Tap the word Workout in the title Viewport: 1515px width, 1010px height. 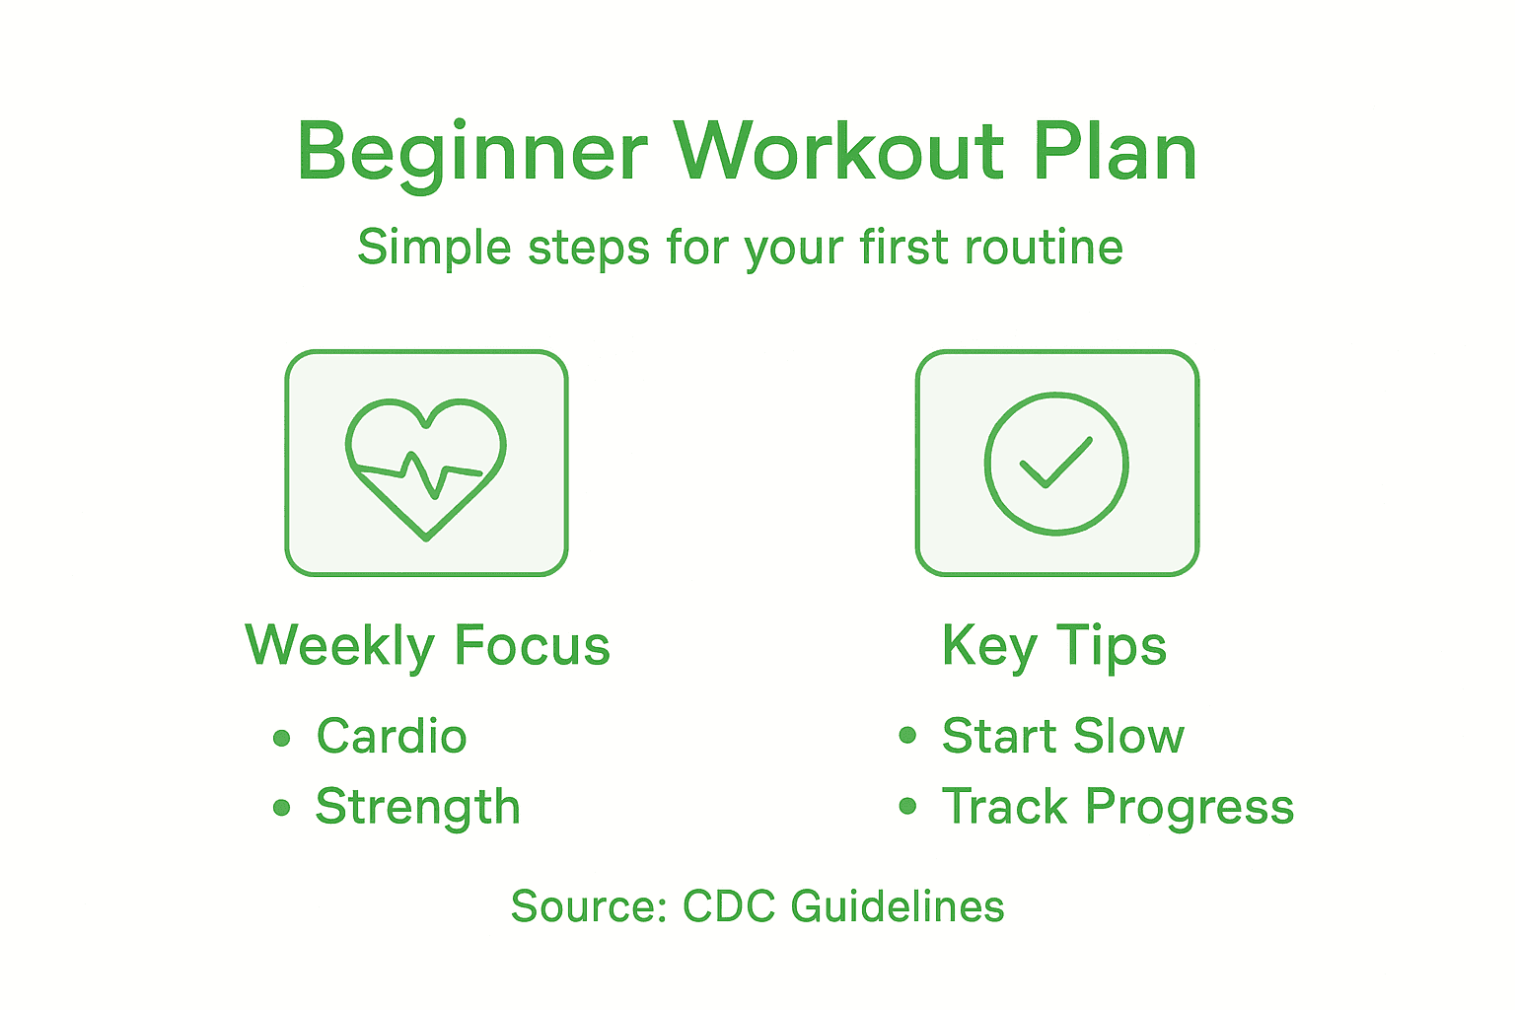[838, 153]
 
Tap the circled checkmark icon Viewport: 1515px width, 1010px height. [1056, 464]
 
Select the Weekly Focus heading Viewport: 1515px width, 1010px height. [427, 646]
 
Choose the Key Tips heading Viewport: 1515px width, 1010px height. [1054, 646]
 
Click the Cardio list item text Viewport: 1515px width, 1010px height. [392, 737]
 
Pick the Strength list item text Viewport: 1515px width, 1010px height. [417, 807]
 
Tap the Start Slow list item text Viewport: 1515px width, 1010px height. [1062, 736]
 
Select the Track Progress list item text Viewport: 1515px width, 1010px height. [1118, 807]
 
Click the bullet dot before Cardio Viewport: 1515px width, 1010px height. [282, 738]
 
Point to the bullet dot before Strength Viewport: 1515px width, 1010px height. [282, 808]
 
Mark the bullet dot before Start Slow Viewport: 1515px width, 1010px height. [907, 736]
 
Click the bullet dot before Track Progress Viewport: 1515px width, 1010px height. [907, 807]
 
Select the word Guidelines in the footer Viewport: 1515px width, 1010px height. [898, 906]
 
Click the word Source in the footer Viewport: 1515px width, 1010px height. [588, 906]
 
